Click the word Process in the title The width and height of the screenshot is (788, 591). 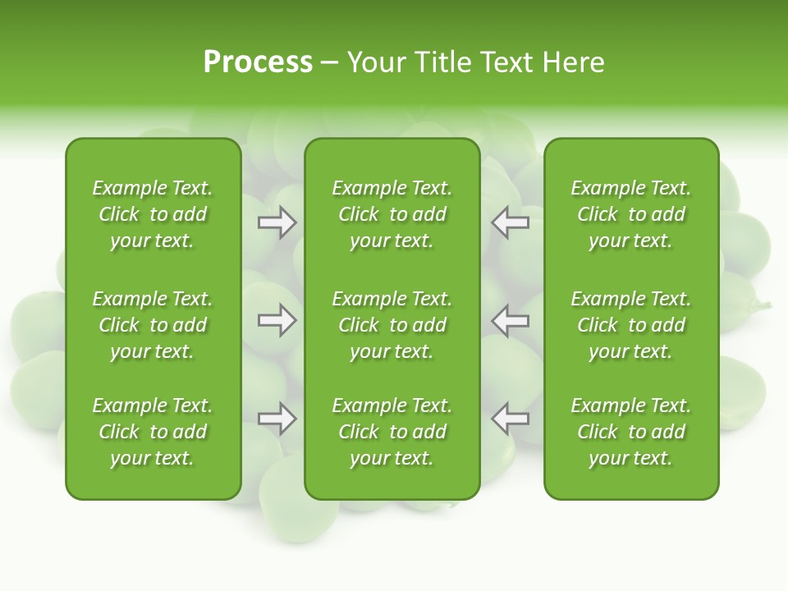258,62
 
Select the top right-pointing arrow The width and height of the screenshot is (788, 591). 277,222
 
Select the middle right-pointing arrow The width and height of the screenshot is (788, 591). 277,320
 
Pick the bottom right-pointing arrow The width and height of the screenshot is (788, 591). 277,419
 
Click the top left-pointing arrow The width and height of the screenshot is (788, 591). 510,222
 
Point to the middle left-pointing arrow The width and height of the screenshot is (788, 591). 510,320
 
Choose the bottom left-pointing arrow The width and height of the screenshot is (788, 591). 510,419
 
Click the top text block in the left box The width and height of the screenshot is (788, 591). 153,214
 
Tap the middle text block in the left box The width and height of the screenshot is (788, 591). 153,325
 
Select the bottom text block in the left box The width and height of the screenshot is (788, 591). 153,432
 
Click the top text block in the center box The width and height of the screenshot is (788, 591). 392,214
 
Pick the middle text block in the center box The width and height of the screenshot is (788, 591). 392,325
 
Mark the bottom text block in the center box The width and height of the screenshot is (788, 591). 392,432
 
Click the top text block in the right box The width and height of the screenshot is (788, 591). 630,214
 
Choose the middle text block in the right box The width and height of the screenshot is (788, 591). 630,325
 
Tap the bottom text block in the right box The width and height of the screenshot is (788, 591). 630,432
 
